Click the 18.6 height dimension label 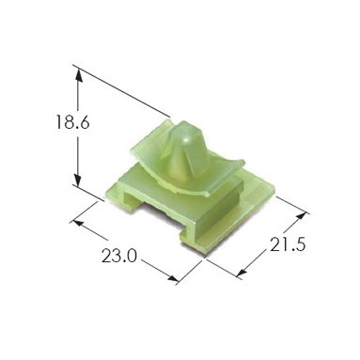pyautogui.click(x=72, y=122)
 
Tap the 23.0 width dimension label pyautogui.click(x=119, y=256)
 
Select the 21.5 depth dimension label pyautogui.click(x=288, y=244)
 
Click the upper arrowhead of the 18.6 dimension pyautogui.click(x=79, y=75)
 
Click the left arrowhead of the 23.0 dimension pyautogui.click(x=79, y=224)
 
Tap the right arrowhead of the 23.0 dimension pyautogui.click(x=171, y=277)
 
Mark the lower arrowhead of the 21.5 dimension pyautogui.click(x=242, y=272)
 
